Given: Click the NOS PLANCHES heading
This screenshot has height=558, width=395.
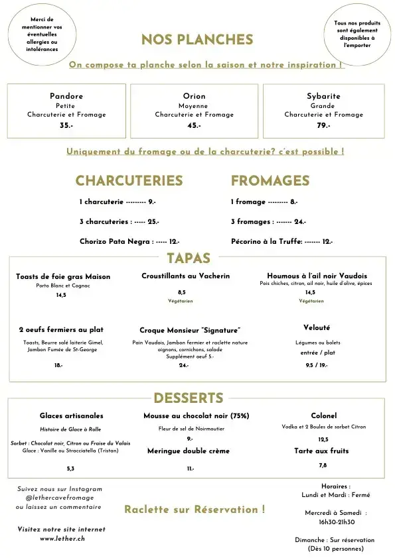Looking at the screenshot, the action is [x=197, y=40].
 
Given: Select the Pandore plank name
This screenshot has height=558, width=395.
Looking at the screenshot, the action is [x=66, y=96].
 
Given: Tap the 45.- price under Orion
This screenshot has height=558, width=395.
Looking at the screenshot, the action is [x=194, y=125].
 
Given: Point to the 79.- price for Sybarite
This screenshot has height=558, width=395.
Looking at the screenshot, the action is [x=323, y=125].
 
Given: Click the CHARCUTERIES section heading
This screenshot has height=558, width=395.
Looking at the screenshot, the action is [x=129, y=181].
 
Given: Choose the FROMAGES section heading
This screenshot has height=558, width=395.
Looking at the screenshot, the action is [x=270, y=181].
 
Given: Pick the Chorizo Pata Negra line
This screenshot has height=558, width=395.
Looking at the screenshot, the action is [x=129, y=242].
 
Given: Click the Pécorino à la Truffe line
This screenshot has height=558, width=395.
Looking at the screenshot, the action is [x=281, y=242].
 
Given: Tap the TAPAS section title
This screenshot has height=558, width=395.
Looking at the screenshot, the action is [x=189, y=258].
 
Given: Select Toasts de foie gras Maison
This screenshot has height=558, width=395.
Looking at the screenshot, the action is [x=63, y=276].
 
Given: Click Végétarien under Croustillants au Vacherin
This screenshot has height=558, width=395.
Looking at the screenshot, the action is [x=181, y=301].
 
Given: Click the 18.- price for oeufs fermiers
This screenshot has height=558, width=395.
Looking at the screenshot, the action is [x=58, y=365].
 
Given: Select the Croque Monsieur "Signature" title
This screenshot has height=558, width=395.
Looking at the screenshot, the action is [x=190, y=330].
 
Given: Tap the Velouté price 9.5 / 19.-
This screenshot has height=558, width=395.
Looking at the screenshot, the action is [x=316, y=365].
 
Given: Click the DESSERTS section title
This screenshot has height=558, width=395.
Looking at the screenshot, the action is [x=188, y=398].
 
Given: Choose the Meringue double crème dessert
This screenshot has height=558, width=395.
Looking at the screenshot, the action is [x=188, y=451].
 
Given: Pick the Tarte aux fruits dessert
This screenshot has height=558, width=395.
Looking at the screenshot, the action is [x=321, y=451].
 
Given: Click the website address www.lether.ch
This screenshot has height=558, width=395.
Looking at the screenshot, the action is [x=62, y=539].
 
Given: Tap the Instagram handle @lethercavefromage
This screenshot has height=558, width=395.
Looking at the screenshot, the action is [x=59, y=498].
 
